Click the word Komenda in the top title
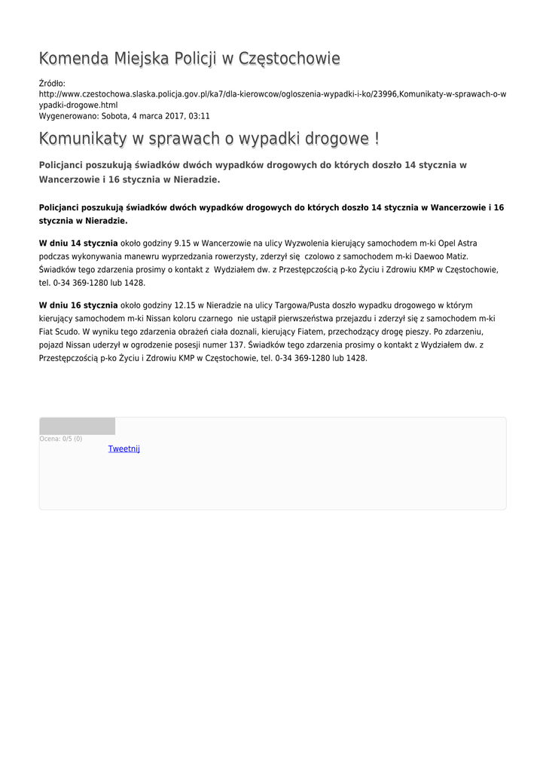pyautogui.click(x=74, y=59)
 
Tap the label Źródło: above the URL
pyautogui.click(x=52, y=83)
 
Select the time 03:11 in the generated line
pyautogui.click(x=200, y=116)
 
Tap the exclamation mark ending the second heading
pyautogui.click(x=376, y=139)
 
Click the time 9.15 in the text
pyautogui.click(x=184, y=244)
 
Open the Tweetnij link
pyautogui.click(x=124, y=449)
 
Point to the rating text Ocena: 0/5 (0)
pyautogui.click(x=61, y=439)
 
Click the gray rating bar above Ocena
pyautogui.click(x=77, y=426)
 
